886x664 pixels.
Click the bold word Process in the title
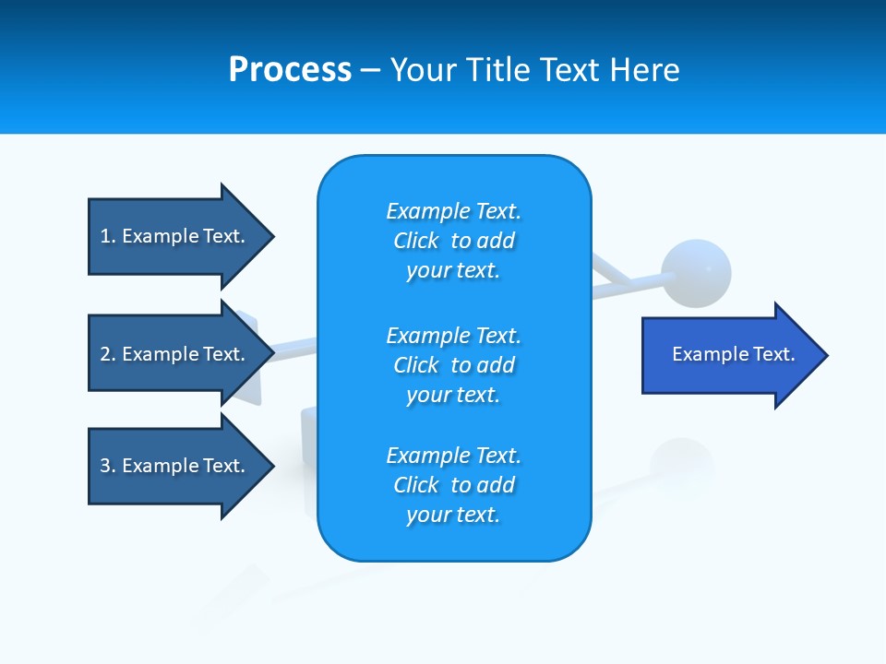click(290, 70)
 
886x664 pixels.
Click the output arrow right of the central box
click(729, 355)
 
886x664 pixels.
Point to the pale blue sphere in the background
click(697, 273)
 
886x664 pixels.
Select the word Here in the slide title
click(645, 70)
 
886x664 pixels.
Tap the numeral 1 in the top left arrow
click(105, 236)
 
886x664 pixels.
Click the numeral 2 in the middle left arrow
click(105, 354)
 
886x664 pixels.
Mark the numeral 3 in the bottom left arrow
click(105, 466)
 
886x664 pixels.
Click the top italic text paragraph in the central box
click(453, 241)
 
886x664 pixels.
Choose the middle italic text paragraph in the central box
click(453, 365)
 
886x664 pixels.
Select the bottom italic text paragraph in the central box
click(453, 485)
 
